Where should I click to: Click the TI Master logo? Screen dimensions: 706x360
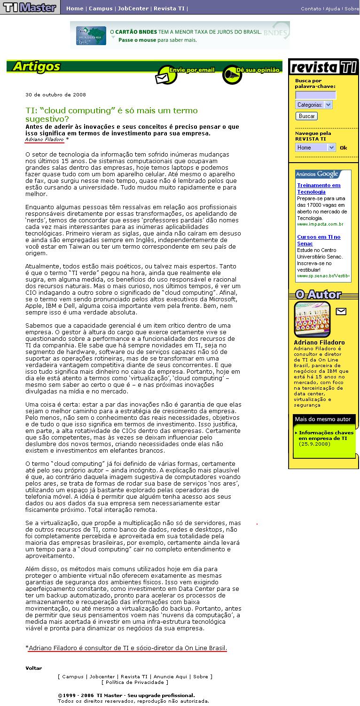pos(29,8)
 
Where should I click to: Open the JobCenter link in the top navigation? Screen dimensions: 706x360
pos(133,8)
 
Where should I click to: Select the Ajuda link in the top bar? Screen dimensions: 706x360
pos(333,8)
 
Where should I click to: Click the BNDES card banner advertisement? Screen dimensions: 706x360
pos(180,35)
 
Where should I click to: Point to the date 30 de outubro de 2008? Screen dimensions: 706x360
pos(55,94)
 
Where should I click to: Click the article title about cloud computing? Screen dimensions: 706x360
pos(111,115)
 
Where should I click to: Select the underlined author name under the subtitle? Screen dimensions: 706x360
pos(45,139)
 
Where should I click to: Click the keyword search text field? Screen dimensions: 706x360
pos(315,95)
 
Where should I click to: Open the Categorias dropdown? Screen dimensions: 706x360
pos(313,105)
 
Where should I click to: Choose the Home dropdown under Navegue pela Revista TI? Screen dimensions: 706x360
pos(315,148)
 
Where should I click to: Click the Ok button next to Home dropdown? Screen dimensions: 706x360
pos(344,148)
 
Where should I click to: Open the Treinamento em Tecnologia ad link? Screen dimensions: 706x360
pos(319,188)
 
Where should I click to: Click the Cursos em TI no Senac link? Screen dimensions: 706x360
pos(319,240)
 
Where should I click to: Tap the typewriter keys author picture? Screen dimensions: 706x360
pos(312,319)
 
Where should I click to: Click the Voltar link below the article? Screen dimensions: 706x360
pos(34,668)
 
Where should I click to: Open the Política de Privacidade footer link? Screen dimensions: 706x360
pos(134,682)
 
